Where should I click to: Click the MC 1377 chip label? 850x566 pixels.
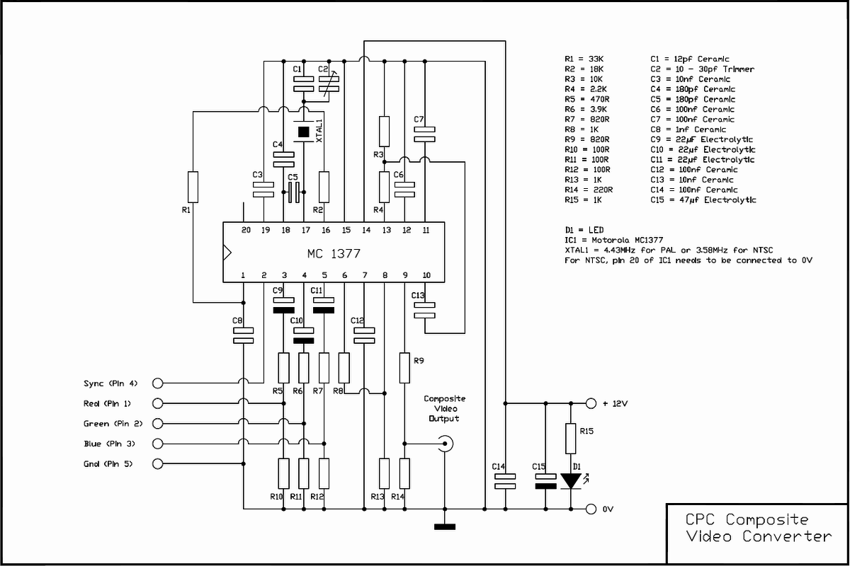(334, 253)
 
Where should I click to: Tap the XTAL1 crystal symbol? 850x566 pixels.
(304, 132)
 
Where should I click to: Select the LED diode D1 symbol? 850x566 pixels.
(571, 481)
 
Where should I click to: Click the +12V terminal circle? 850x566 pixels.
(591, 403)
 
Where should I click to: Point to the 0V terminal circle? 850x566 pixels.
(591, 509)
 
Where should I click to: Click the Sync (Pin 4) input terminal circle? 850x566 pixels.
(157, 383)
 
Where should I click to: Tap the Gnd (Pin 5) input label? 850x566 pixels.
(108, 463)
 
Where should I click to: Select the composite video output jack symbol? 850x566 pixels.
(445, 444)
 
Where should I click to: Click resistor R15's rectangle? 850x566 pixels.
(571, 439)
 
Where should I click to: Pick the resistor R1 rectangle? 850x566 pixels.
(193, 187)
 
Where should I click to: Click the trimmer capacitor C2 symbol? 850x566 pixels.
(329, 83)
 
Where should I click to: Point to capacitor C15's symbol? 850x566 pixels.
(545, 481)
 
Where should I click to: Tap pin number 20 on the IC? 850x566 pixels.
(246, 230)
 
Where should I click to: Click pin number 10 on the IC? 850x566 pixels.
(426, 275)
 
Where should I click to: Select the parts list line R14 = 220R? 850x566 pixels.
(589, 190)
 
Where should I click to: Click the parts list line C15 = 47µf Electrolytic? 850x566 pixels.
(703, 200)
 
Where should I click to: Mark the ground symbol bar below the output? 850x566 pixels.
(445, 526)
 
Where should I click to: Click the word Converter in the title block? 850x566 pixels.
(787, 536)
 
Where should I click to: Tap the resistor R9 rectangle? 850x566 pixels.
(404, 368)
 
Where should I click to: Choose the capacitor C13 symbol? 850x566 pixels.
(424, 310)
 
